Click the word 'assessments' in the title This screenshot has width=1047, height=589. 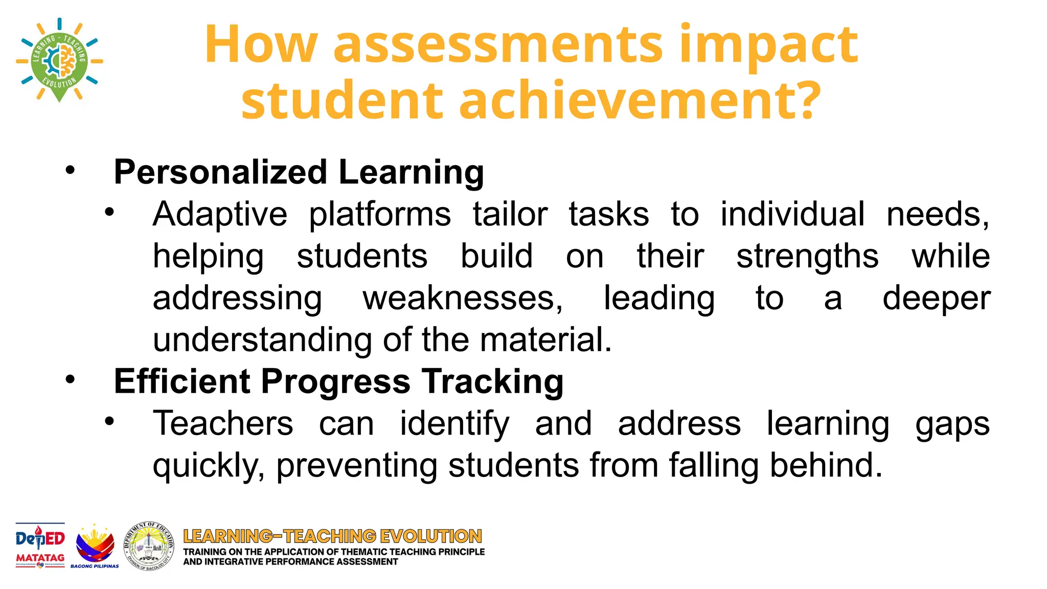(498, 45)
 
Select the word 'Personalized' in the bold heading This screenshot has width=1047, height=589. (220, 172)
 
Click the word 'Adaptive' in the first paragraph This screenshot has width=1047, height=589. (220, 214)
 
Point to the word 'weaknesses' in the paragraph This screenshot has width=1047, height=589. (462, 298)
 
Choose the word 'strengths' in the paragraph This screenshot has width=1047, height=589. (807, 256)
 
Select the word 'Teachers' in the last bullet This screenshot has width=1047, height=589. (223, 424)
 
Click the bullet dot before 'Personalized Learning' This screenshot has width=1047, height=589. (70, 170)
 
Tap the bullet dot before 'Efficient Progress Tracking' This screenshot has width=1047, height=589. (70, 379)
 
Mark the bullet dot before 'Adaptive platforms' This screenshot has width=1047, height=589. (109, 212)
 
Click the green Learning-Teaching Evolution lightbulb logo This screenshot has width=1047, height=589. (59, 60)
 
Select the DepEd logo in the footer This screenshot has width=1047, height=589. (40, 539)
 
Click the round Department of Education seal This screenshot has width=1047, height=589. (149, 546)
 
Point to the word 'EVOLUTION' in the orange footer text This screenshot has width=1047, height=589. (431, 536)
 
